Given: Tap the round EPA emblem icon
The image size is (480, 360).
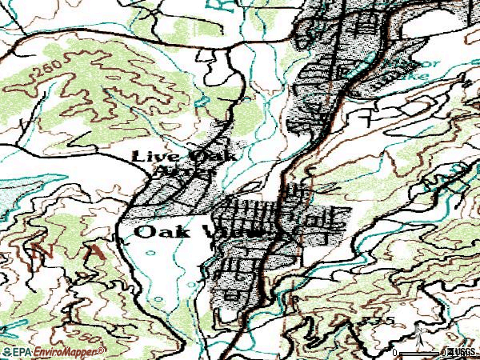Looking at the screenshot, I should point(7,351).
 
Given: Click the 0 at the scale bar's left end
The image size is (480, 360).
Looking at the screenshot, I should point(395,353).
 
